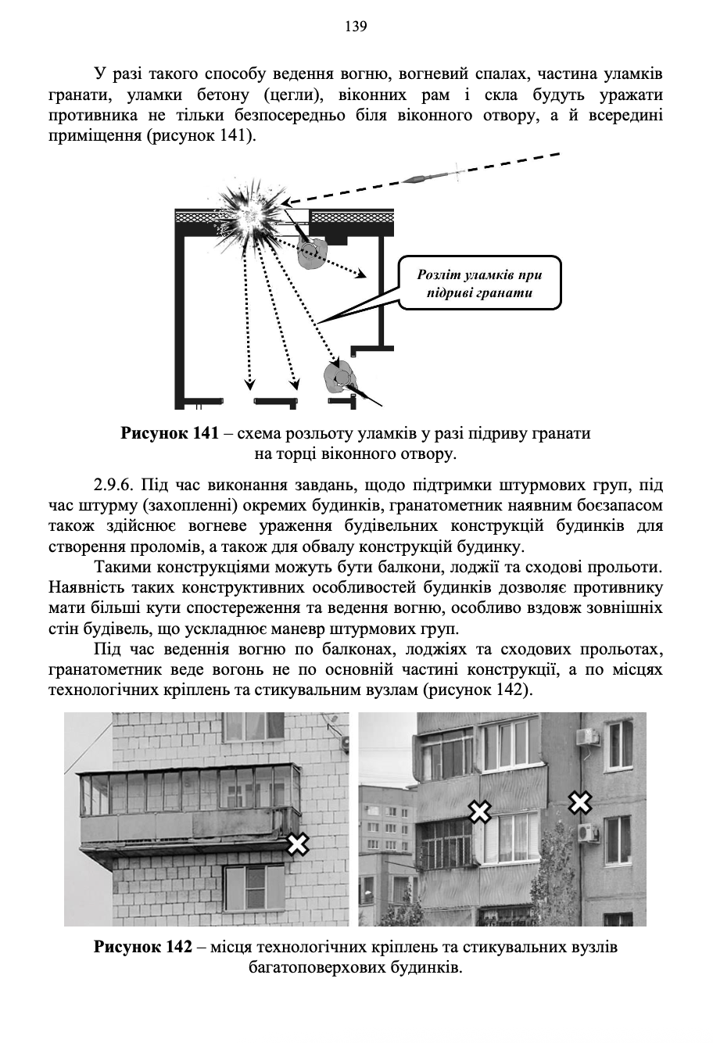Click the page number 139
coord(356,27)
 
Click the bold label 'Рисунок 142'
coord(143,947)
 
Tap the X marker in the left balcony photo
coord(297,844)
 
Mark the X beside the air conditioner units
coord(579,801)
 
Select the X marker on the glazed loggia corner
coord(478,812)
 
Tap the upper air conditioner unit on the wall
coord(586,737)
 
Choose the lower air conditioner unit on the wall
coord(586,832)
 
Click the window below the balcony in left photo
coord(255,886)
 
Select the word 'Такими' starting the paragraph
coord(119,565)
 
